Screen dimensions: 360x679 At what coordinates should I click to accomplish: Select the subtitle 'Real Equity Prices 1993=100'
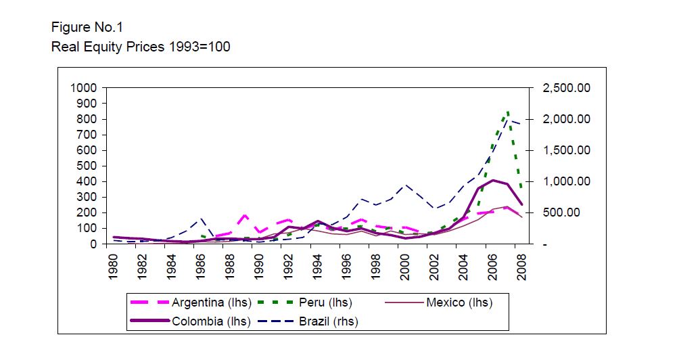click(x=141, y=47)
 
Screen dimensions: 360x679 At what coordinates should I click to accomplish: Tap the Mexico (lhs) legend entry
click(x=459, y=302)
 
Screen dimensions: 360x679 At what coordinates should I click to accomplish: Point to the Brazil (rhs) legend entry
click(x=329, y=321)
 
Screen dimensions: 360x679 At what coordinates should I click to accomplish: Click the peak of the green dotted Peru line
click(x=507, y=112)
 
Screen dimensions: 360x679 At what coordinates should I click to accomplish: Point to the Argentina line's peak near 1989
click(x=245, y=215)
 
